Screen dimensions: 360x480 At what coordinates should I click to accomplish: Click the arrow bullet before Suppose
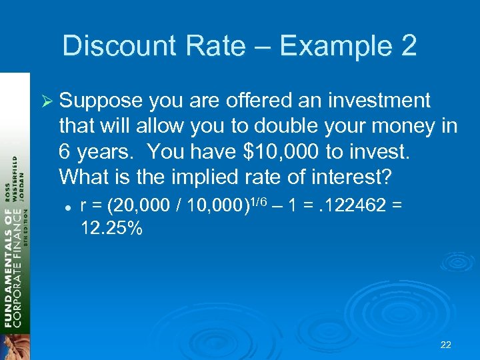point(48,101)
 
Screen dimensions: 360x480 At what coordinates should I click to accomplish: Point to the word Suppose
point(101,101)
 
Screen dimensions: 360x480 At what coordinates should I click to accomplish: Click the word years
point(106,151)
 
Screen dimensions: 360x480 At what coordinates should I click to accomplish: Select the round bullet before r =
point(69,207)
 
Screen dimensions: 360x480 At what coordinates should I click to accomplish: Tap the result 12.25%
point(111,229)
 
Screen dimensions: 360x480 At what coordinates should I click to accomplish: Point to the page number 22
point(446,345)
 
